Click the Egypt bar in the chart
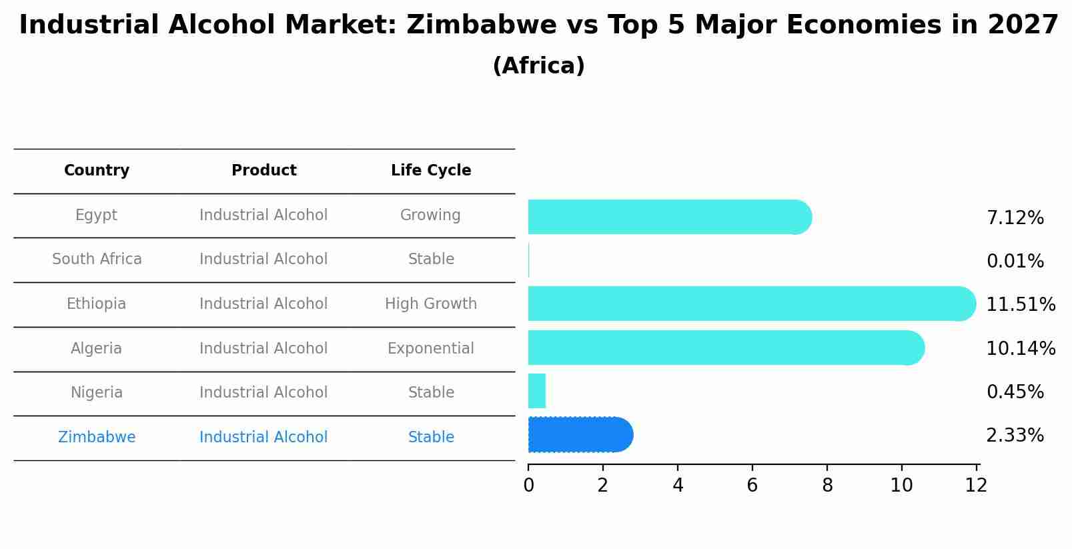tap(667, 217)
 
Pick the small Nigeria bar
tap(537, 391)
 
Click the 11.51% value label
tap(1020, 305)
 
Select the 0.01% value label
tap(1015, 261)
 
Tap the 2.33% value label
tap(1015, 436)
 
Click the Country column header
tap(97, 171)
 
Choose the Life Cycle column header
tap(431, 171)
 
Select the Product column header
tap(263, 171)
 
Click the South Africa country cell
tap(97, 259)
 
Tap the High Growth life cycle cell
tap(431, 304)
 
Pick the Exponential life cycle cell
tap(431, 349)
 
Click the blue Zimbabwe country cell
tap(97, 438)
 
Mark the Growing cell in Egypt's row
tap(430, 215)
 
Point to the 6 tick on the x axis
tap(752, 485)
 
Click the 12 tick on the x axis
tap(976, 485)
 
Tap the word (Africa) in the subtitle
tap(538, 66)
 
